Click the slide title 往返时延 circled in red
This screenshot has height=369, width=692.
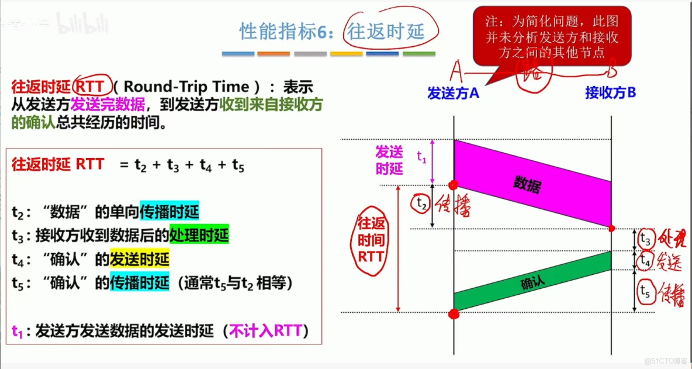385,32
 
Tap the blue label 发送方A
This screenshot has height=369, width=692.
454,93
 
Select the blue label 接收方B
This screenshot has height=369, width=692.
610,93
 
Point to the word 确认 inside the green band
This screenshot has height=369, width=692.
532,284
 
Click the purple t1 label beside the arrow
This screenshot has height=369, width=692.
421,156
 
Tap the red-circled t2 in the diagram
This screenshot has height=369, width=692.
420,202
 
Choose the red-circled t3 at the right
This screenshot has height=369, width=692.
645,239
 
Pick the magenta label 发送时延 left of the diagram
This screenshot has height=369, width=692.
389,160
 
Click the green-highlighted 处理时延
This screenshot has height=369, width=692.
199,235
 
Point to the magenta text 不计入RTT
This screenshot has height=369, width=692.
265,332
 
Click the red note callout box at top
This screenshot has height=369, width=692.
552,35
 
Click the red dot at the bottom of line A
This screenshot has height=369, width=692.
454,315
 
